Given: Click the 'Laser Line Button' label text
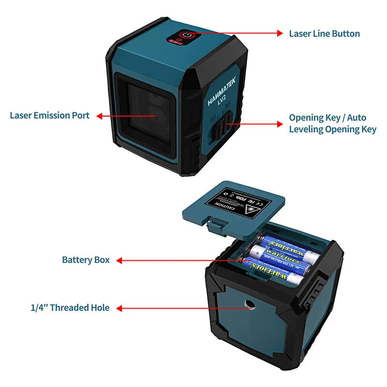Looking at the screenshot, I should tap(324, 34).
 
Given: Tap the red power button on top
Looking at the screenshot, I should tap(186, 35).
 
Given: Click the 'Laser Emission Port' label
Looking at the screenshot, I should tap(50, 116).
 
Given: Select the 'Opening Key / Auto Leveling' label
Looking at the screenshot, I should tap(332, 123).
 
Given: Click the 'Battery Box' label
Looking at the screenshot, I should tap(86, 260).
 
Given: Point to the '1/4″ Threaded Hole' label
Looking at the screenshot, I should tap(70, 308).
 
